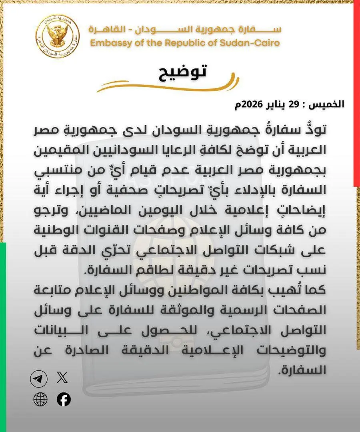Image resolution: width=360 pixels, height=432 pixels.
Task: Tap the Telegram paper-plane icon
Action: click(39, 379)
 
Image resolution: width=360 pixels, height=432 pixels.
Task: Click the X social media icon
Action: click(62, 378)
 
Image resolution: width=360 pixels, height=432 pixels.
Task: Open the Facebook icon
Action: click(64, 400)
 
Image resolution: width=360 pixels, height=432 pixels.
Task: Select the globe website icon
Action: click(40, 400)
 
